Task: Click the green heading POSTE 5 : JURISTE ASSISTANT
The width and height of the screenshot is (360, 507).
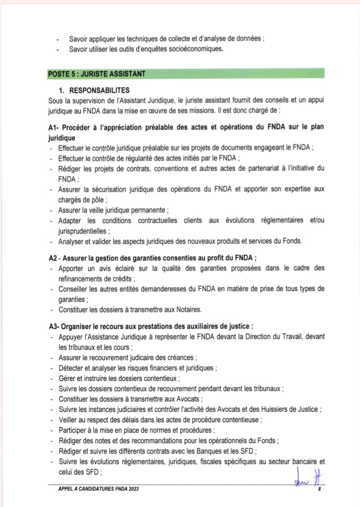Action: pyautogui.click(x=96, y=74)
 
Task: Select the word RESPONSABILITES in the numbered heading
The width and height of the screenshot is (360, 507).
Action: pyautogui.click(x=99, y=90)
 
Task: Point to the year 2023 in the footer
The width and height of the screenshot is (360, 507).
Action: pyautogui.click(x=132, y=489)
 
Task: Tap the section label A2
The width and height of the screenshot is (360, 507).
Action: pyautogui.click(x=52, y=257)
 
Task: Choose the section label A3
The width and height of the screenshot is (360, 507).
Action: pyautogui.click(x=52, y=326)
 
